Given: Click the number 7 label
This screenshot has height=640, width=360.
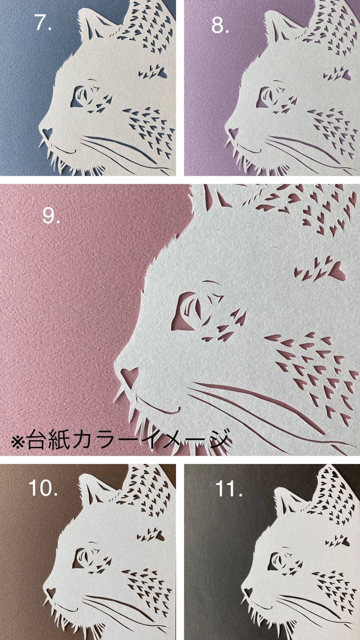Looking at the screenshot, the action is point(43,22).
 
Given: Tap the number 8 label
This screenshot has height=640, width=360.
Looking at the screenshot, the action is point(220,26).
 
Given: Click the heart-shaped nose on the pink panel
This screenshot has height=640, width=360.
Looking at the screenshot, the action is point(130,374).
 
